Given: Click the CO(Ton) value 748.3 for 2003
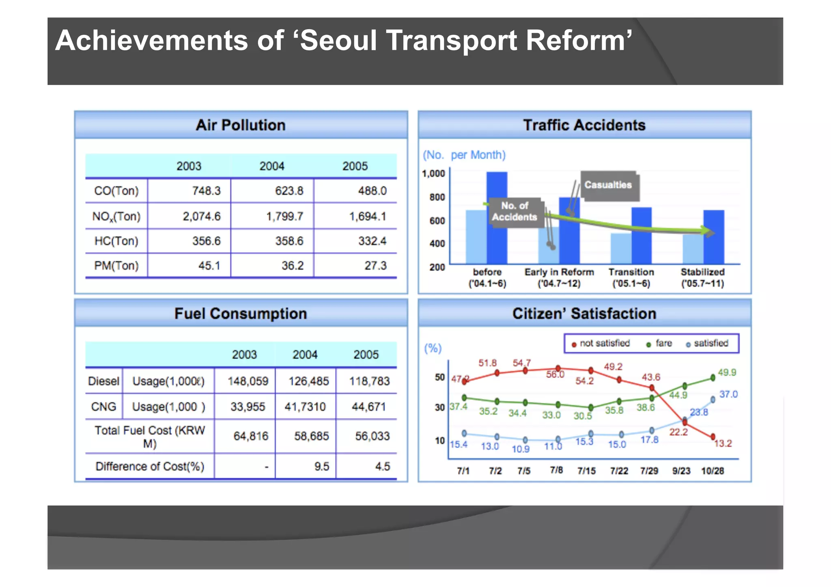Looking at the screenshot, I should point(206,191).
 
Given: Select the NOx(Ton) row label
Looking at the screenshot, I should point(116,216).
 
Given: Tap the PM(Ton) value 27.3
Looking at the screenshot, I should point(375,266).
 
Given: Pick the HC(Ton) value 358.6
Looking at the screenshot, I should point(289,241).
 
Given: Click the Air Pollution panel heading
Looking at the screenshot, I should point(241,125).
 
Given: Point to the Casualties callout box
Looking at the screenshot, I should point(608,185).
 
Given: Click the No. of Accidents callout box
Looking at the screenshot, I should point(515,211).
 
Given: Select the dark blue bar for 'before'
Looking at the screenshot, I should point(497,218).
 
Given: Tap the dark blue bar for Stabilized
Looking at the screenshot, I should point(714,237).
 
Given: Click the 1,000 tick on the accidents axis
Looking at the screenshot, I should point(433,174).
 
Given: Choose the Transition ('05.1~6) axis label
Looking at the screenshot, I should point(631,277).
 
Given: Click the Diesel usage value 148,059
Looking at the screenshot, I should point(248,381).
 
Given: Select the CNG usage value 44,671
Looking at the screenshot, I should point(368,406).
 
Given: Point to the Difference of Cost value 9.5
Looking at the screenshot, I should point(321,467).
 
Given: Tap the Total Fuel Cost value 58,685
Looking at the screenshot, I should point(311,436).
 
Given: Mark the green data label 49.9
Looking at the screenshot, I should point(727,372).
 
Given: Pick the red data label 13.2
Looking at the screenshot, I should point(723,443).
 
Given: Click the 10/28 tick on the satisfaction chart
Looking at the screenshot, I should point(713,471).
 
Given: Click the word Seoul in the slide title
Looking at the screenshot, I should point(338,41).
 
